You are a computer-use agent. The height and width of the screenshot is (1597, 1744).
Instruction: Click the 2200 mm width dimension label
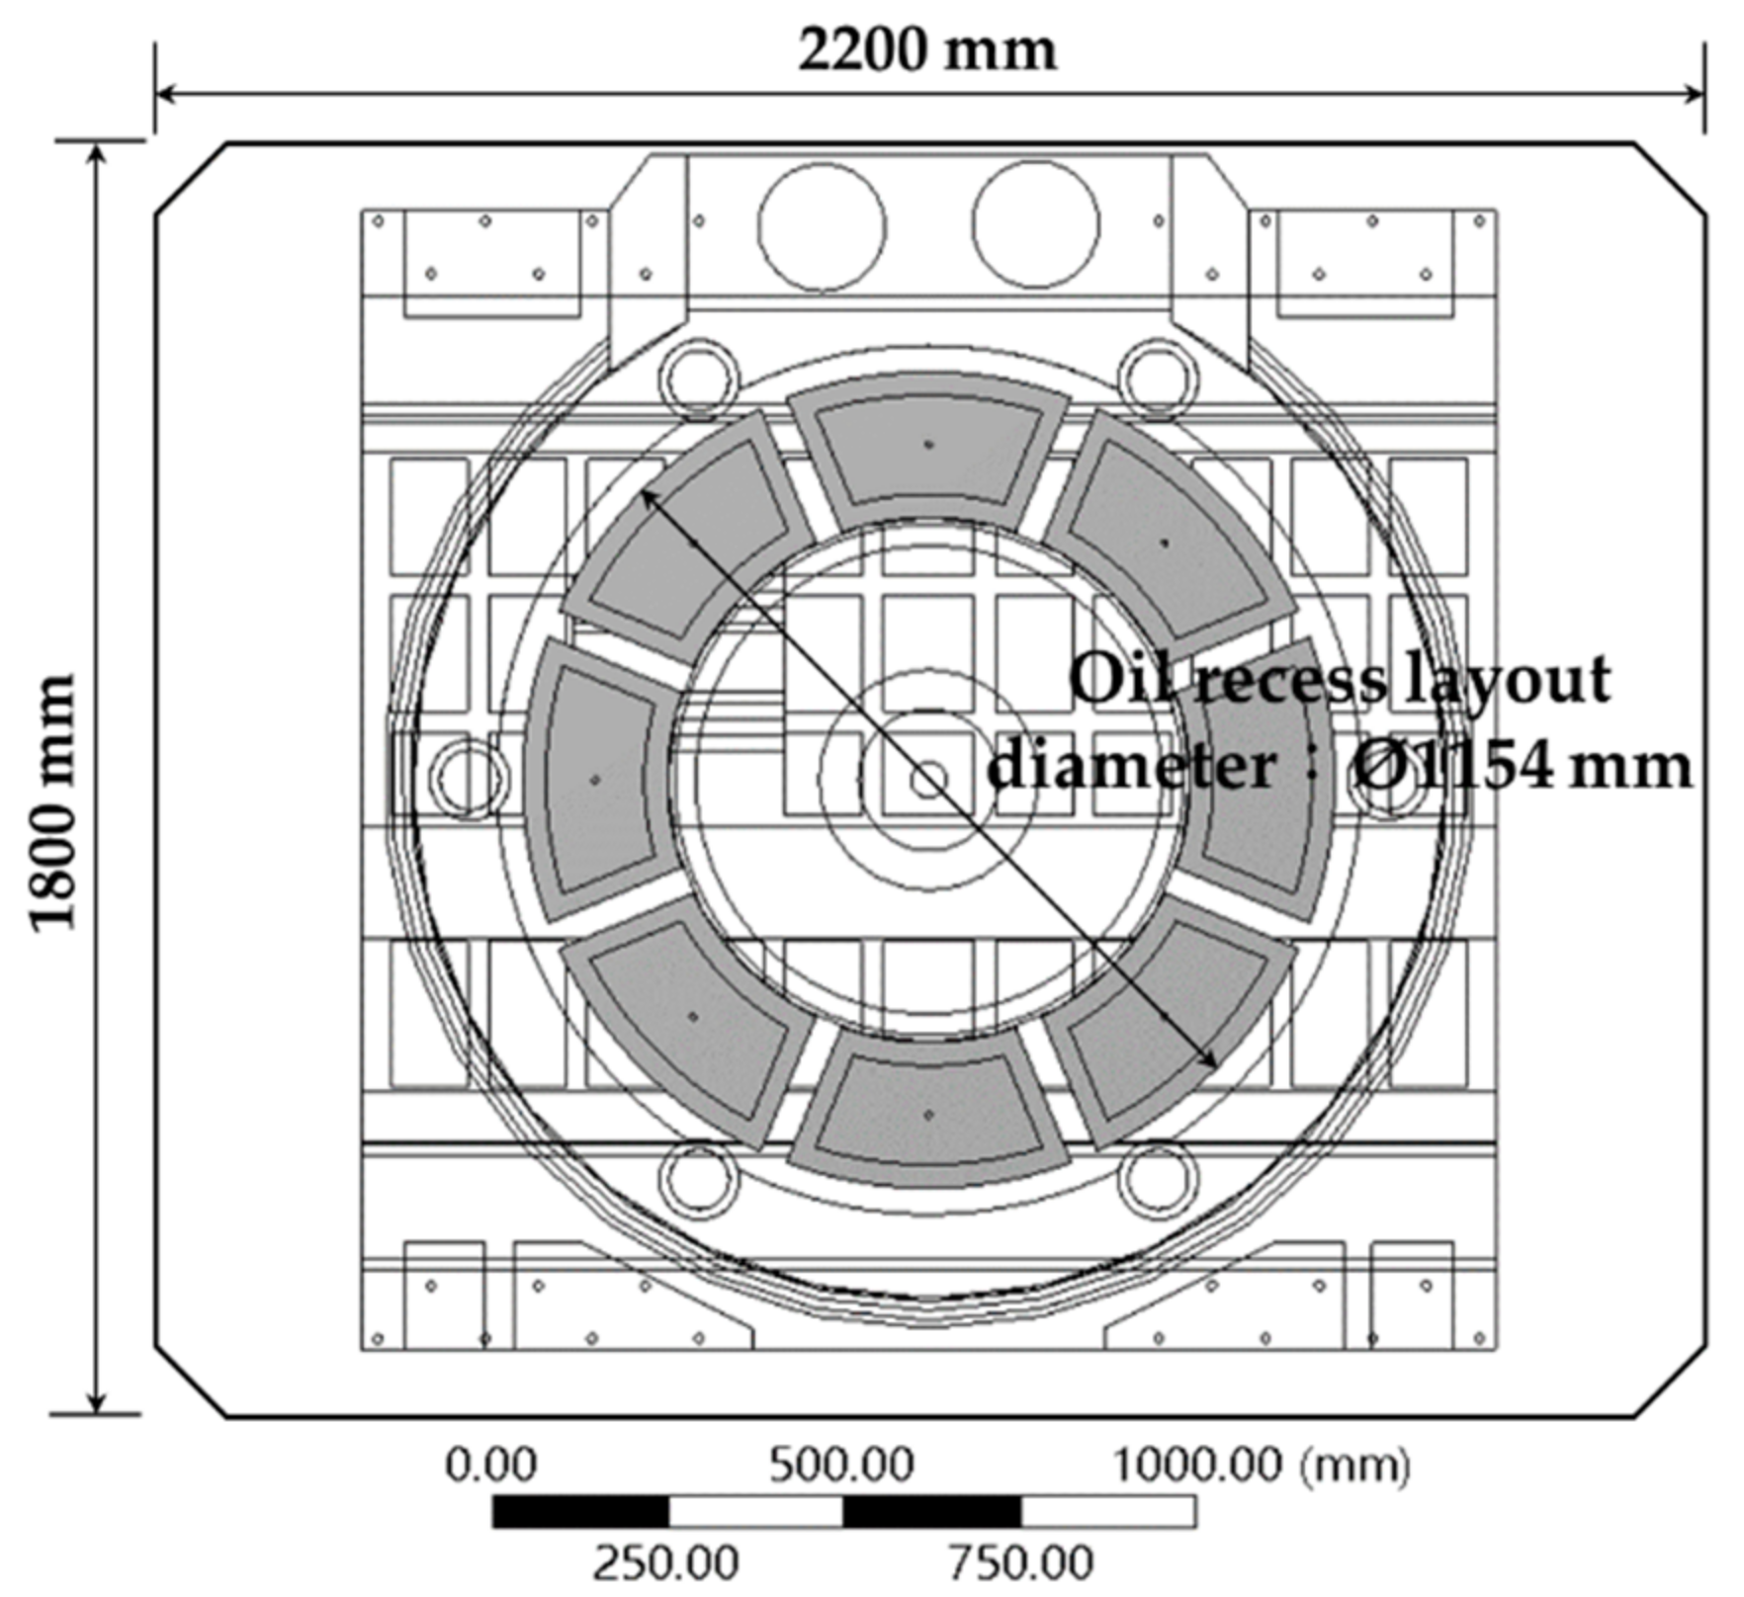point(927,49)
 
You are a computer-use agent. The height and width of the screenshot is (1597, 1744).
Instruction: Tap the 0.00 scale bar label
point(490,1464)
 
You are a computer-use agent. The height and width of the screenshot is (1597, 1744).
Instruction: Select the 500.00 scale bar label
point(841,1464)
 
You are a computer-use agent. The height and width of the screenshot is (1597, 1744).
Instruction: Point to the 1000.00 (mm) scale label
point(1262,1465)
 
